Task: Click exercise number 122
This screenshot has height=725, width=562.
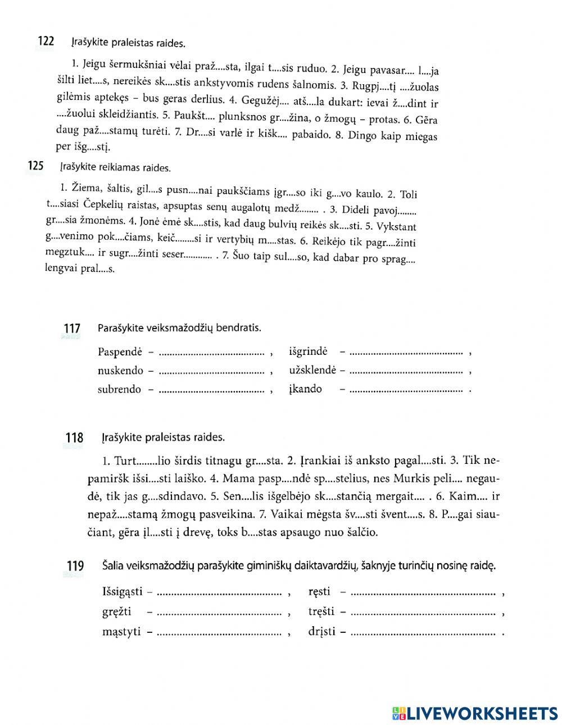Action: tap(45, 41)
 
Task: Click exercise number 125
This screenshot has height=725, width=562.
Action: tap(35, 166)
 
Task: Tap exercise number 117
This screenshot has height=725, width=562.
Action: tap(72, 329)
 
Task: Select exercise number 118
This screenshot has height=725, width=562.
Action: tap(74, 437)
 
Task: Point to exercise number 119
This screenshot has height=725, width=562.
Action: tap(75, 566)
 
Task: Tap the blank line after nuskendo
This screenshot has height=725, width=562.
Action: tap(211, 371)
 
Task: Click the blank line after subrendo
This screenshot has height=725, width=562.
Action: tap(211, 389)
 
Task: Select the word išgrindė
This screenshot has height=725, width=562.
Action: tap(307, 352)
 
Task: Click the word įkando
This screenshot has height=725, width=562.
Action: tap(305, 389)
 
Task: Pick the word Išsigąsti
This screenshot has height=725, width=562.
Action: tap(123, 591)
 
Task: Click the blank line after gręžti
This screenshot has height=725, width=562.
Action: tap(219, 612)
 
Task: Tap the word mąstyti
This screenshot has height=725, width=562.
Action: tap(121, 632)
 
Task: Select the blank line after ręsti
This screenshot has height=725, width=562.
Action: tap(422, 591)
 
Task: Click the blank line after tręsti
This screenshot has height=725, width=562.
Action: tap(422, 612)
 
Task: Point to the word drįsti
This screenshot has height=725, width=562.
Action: tap(321, 632)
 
